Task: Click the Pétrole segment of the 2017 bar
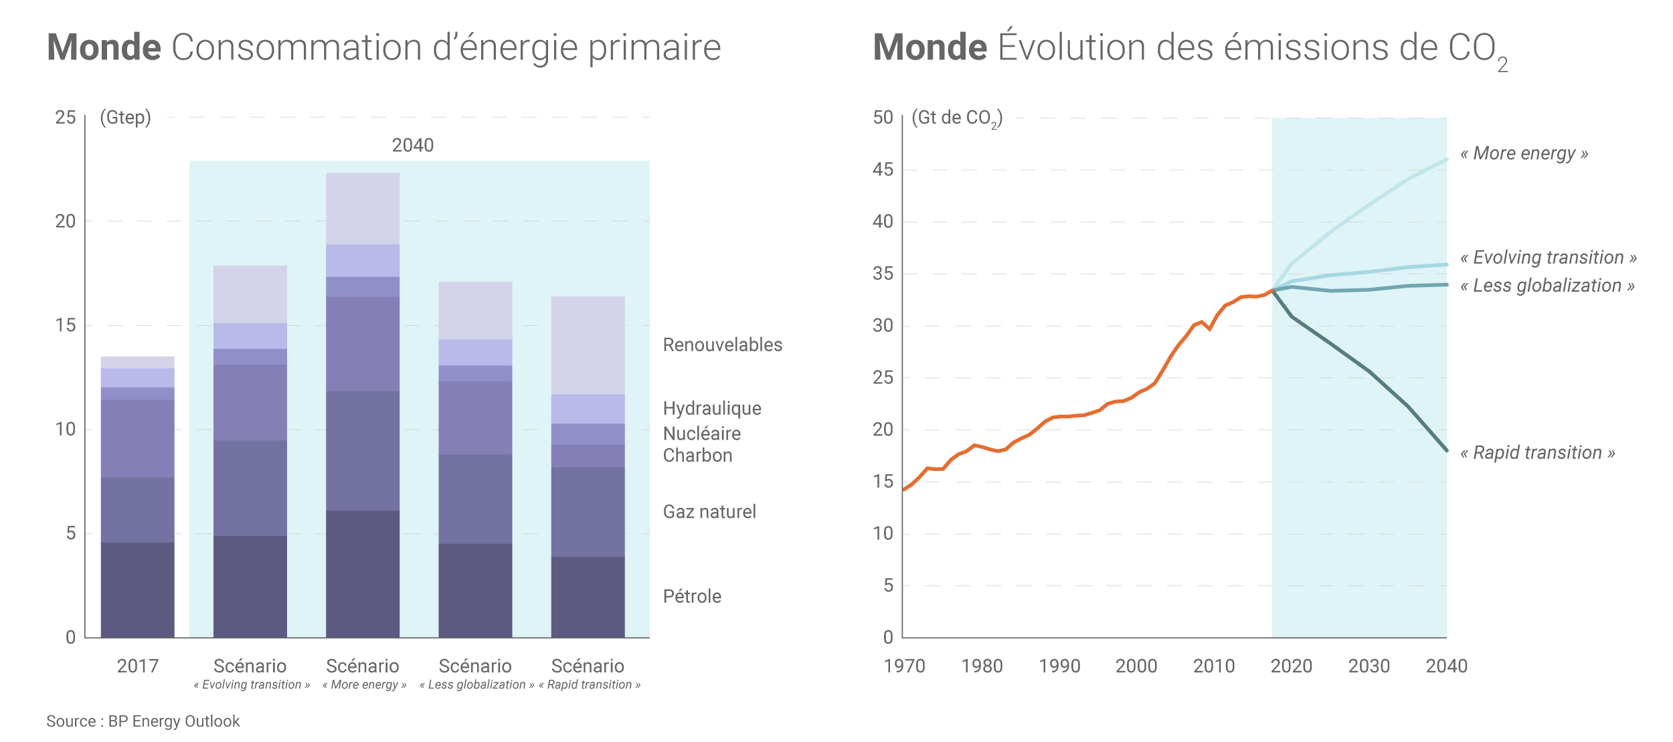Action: (x=137, y=589)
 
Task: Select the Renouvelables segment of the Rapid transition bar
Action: (x=588, y=345)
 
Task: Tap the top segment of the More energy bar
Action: (x=362, y=209)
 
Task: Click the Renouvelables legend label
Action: (x=722, y=345)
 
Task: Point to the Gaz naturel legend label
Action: (x=709, y=512)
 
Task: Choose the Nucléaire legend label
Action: (x=701, y=434)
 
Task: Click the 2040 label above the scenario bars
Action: (x=412, y=145)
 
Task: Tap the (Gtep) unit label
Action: (x=125, y=118)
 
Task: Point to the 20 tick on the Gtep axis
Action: (x=66, y=221)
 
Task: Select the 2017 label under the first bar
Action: (x=137, y=666)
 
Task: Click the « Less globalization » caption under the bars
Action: (x=476, y=684)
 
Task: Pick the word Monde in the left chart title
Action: (x=104, y=48)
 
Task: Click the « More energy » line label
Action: (x=1524, y=153)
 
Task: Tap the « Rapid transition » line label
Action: (x=1537, y=453)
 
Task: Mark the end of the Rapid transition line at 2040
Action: (x=1446, y=450)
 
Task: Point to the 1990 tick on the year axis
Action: (x=1059, y=666)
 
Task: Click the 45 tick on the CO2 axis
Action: (x=883, y=170)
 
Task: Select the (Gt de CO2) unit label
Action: (x=956, y=118)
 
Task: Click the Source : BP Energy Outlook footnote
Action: (x=143, y=721)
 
